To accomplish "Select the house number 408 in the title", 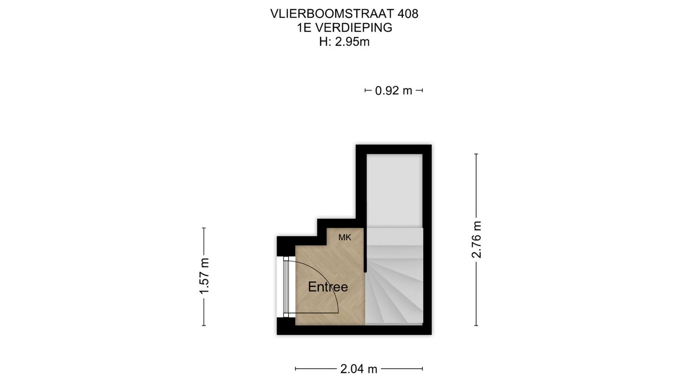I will [x=408, y=14].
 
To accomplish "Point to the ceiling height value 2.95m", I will [x=352, y=42].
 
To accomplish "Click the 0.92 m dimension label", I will [x=393, y=91].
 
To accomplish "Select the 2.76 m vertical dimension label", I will [x=476, y=239].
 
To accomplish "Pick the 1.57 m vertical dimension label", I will [x=204, y=276].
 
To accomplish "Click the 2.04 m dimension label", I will [x=359, y=369].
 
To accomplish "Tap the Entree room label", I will [x=328, y=287].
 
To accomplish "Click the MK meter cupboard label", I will [x=345, y=238].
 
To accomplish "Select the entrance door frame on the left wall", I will [x=286, y=287].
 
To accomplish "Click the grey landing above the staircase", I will [x=394, y=189].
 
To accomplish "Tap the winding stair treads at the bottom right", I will [x=394, y=292].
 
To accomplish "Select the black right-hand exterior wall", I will [x=427, y=236].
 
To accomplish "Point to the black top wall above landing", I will [x=394, y=149].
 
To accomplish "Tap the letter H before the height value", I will [x=323, y=42].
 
